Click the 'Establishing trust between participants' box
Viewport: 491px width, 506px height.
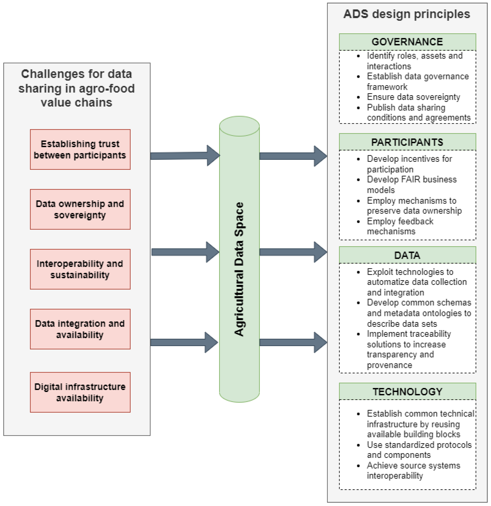click(x=80, y=150)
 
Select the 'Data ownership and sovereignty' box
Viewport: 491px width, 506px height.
click(x=80, y=209)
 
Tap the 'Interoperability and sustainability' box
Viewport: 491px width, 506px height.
click(x=80, y=269)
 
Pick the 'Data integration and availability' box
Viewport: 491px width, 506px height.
click(x=80, y=329)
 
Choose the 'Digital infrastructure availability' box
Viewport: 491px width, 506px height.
click(x=80, y=392)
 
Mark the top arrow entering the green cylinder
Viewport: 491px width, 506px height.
click(x=185, y=156)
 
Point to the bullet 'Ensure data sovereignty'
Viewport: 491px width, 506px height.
click(x=413, y=97)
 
